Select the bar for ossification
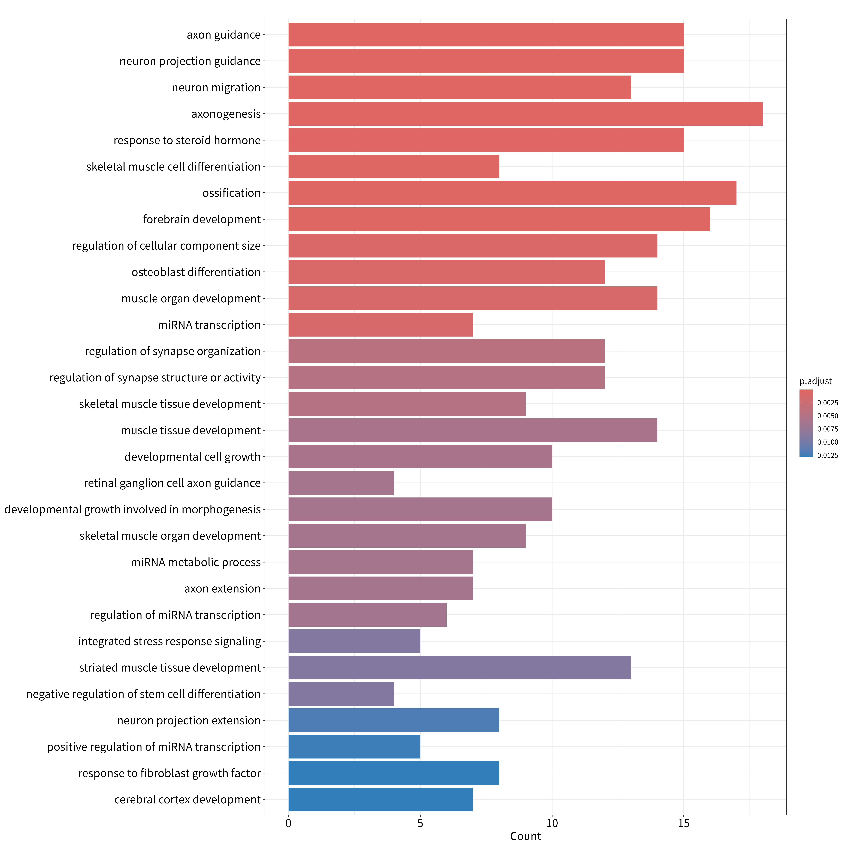pos(512,193)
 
